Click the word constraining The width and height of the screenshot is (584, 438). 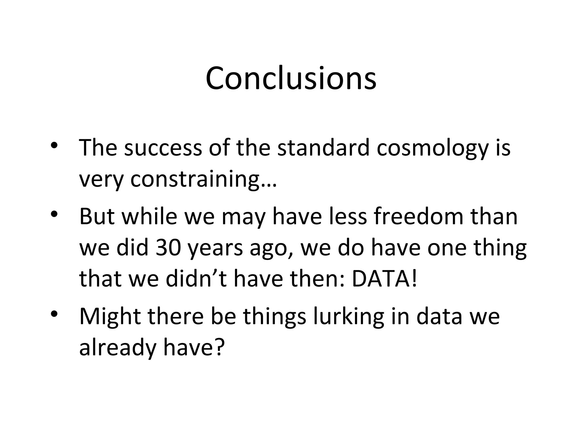[196, 180]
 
